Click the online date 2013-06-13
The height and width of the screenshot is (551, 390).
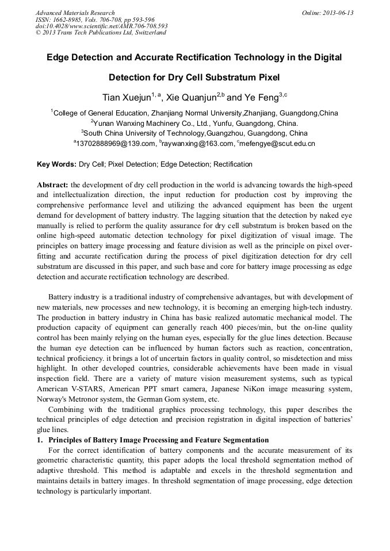click(x=336, y=13)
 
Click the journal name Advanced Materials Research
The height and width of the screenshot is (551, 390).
click(x=75, y=13)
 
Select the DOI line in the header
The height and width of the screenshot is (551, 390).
click(x=101, y=26)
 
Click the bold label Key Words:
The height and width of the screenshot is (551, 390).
click(x=56, y=164)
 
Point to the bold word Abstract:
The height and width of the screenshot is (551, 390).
click(x=52, y=185)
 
